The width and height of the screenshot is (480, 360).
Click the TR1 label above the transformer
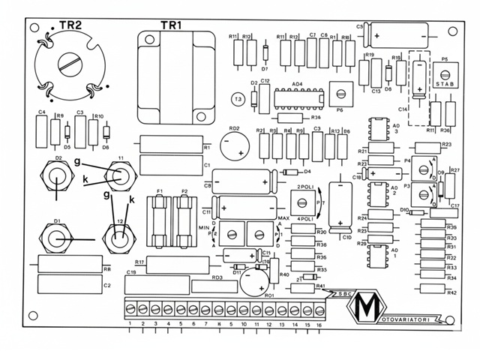pyautogui.click(x=170, y=25)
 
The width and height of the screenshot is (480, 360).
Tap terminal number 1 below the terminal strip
pyautogui.click(x=130, y=325)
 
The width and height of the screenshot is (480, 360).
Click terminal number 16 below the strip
pyautogui.click(x=319, y=325)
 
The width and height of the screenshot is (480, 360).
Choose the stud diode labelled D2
pyautogui.click(x=57, y=178)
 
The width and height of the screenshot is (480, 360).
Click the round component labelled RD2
pyautogui.click(x=235, y=143)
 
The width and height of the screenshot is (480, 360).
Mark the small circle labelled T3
pyautogui.click(x=238, y=98)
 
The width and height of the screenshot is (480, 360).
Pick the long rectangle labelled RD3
pyautogui.click(x=218, y=286)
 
